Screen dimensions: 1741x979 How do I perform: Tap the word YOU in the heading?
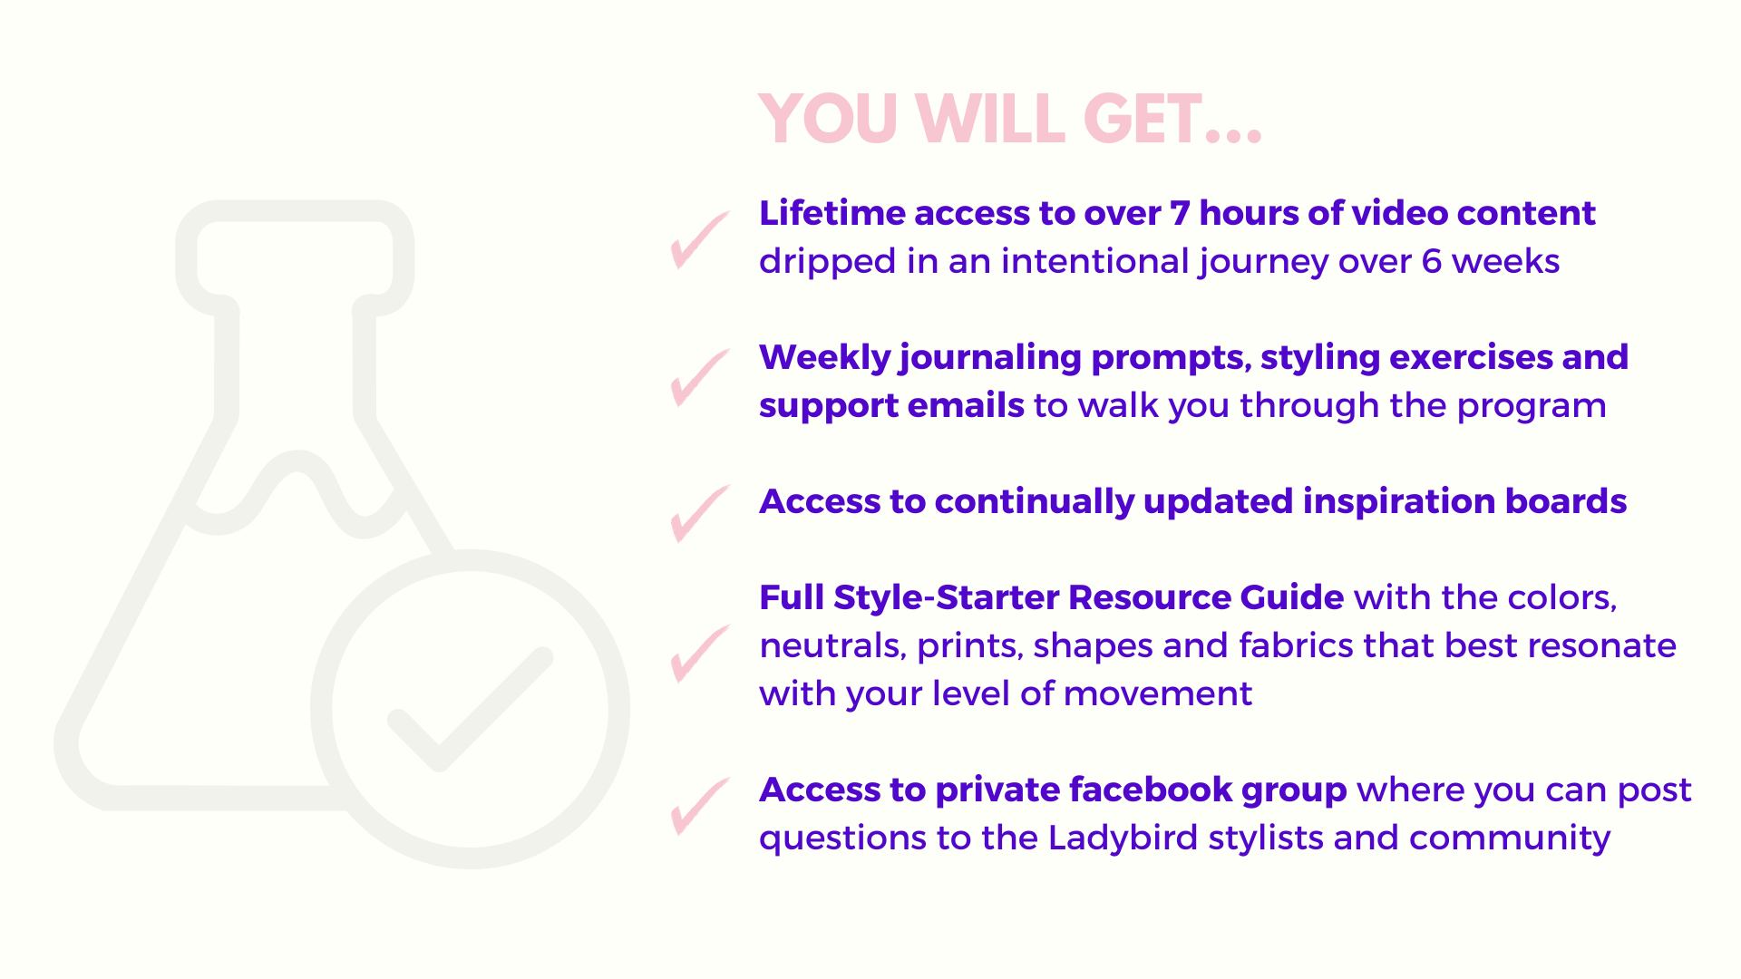pos(828,120)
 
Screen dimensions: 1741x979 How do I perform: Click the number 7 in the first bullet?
pos(1179,213)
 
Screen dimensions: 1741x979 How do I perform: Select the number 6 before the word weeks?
pos(1431,261)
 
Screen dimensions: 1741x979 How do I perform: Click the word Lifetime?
pos(832,213)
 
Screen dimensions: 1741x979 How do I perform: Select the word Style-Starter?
pos(946,598)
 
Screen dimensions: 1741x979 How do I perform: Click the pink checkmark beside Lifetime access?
pos(699,240)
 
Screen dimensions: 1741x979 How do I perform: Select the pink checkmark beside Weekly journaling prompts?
pos(699,378)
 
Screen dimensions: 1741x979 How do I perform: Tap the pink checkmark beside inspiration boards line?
pos(699,514)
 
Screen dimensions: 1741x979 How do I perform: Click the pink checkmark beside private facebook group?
pos(699,807)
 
